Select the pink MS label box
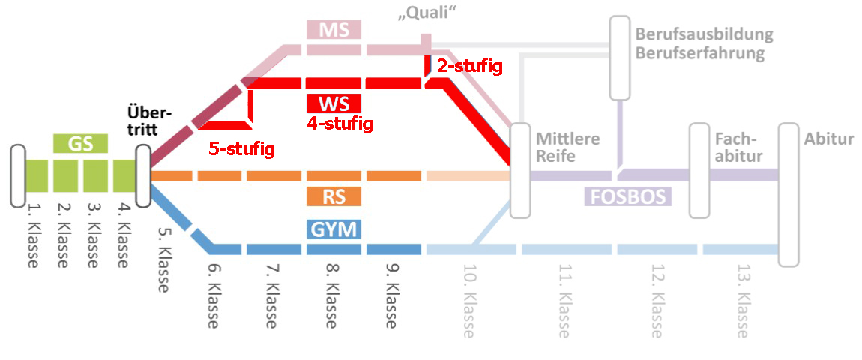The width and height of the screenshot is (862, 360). coord(334,30)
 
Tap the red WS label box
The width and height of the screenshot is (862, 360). coord(334,103)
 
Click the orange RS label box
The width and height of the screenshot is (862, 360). coord(334,196)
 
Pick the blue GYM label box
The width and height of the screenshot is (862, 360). coord(334,229)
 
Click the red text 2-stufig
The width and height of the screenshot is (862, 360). coord(469,66)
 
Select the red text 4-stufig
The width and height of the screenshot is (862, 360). coord(340,124)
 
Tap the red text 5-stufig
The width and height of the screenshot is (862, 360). coord(241,149)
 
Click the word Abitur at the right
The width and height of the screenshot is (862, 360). coord(829,139)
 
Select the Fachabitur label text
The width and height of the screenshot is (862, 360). coord(738,148)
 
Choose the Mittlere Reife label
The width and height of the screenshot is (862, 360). coord(567,148)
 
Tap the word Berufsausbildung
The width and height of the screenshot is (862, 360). coord(704,34)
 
